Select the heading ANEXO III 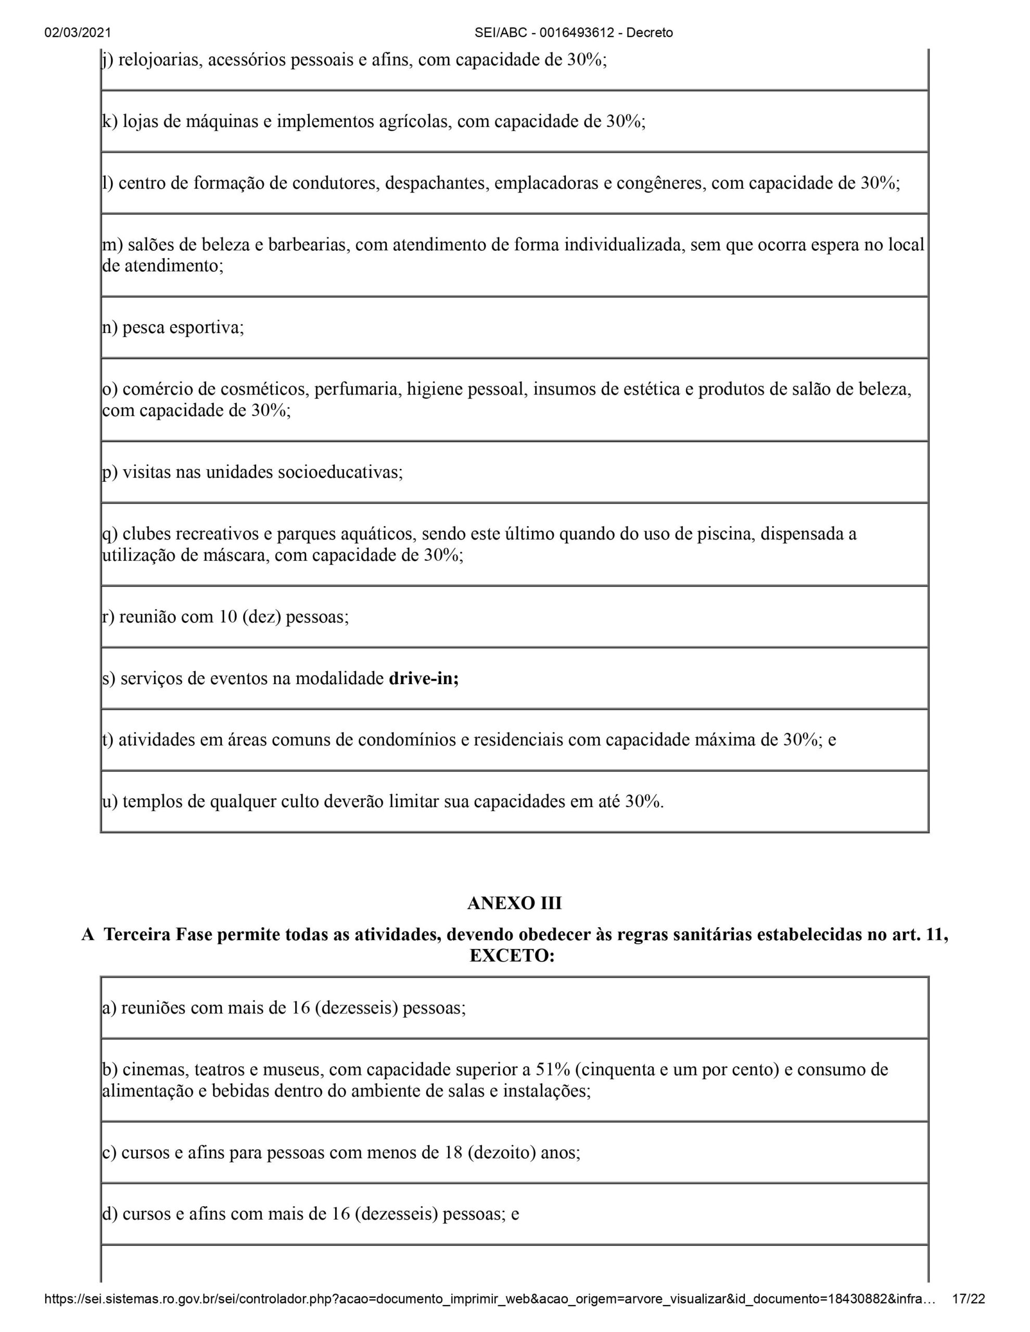click(x=514, y=903)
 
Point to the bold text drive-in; click(x=424, y=679)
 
